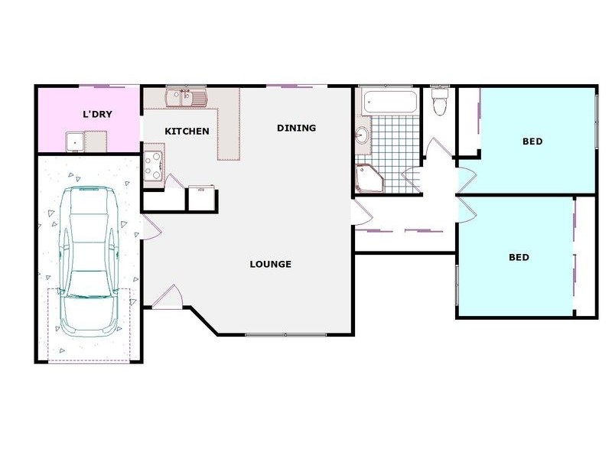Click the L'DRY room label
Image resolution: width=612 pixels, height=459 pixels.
(x=98, y=115)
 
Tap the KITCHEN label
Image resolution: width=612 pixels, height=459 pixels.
(x=187, y=132)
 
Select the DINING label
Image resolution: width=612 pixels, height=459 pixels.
(x=296, y=128)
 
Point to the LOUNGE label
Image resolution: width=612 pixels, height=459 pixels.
(x=270, y=265)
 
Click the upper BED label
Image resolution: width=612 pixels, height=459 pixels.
(x=532, y=142)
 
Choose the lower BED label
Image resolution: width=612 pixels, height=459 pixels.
(x=519, y=258)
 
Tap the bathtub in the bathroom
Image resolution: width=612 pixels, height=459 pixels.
(x=389, y=102)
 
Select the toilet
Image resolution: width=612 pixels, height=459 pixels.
(x=440, y=102)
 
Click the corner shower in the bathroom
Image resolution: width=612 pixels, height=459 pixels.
(x=369, y=177)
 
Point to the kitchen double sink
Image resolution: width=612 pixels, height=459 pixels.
(x=187, y=97)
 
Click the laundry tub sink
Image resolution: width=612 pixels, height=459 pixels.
(x=75, y=141)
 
